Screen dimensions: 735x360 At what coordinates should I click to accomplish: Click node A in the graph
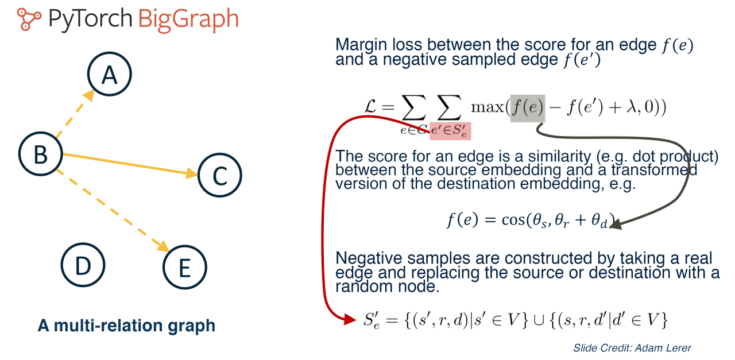click(110, 74)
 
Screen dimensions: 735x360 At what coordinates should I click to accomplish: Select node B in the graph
click(41, 154)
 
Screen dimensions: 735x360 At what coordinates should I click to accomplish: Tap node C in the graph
click(220, 175)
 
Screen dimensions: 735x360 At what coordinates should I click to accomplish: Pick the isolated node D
click(83, 265)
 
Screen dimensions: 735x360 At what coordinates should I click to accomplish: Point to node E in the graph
click(185, 267)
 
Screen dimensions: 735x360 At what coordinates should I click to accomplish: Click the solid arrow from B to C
click(130, 164)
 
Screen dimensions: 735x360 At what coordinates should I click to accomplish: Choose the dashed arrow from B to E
click(112, 210)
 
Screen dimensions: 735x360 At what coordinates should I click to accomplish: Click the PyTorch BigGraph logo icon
click(29, 20)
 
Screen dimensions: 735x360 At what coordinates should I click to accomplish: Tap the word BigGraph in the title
click(188, 20)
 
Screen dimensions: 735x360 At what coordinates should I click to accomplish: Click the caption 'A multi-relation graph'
click(126, 326)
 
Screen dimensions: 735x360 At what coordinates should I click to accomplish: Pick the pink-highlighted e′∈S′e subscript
click(450, 131)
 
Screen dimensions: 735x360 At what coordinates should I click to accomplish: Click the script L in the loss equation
click(370, 107)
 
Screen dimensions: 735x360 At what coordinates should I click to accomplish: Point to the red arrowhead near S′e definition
click(350, 319)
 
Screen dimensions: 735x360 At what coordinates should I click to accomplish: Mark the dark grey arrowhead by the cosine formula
click(616, 224)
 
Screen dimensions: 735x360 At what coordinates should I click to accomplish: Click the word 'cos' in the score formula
click(513, 219)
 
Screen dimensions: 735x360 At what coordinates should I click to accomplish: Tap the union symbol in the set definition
click(539, 320)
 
